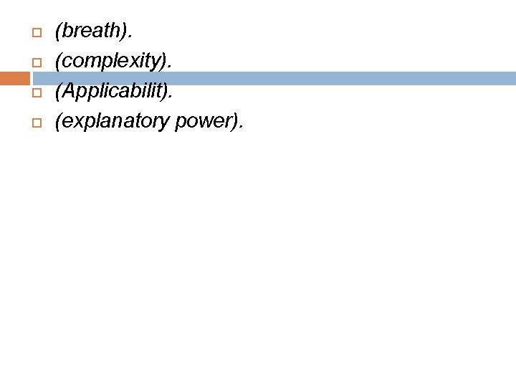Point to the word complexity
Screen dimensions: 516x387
(x=112, y=62)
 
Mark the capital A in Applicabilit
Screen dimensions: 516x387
(x=67, y=92)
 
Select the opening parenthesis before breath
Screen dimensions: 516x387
(x=58, y=32)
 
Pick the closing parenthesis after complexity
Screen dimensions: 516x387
(x=166, y=62)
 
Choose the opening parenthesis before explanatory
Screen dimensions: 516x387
(x=58, y=123)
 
